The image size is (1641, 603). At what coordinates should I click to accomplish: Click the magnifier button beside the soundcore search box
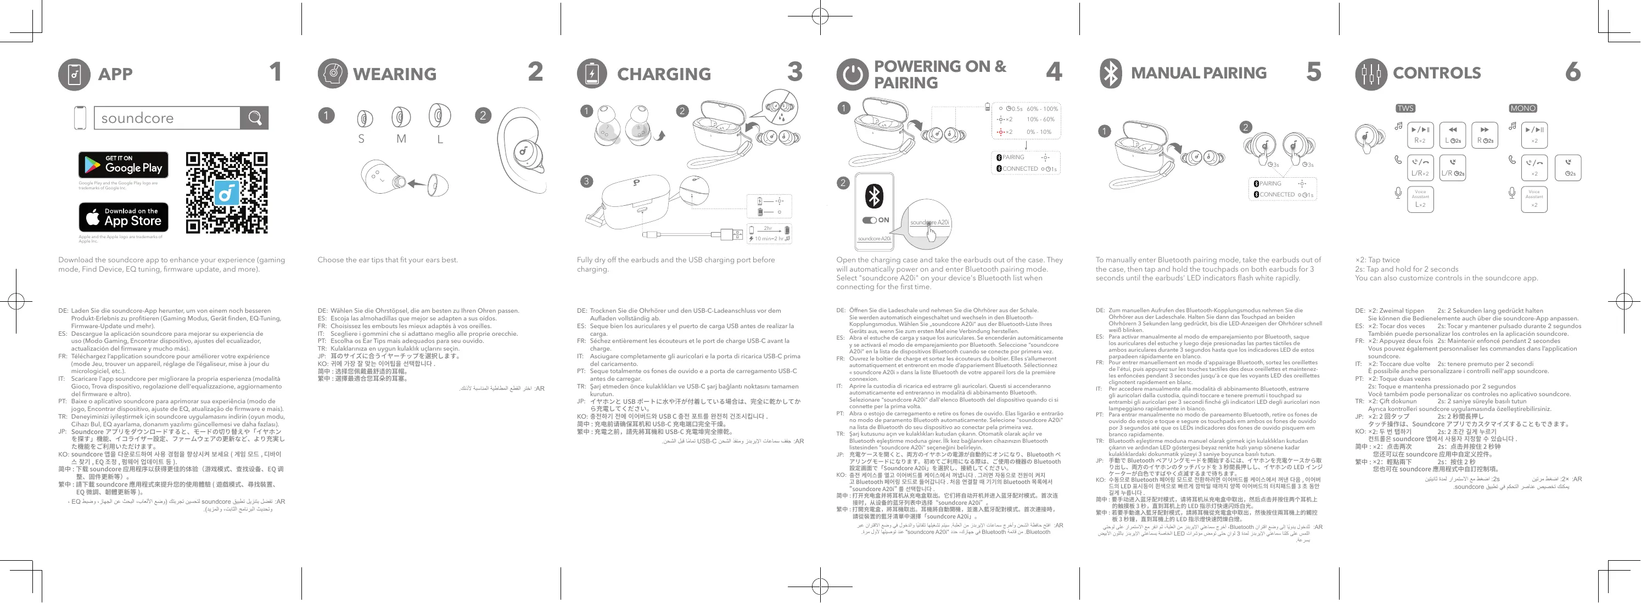pos(254,118)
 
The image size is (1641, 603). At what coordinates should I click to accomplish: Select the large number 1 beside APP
pos(275,72)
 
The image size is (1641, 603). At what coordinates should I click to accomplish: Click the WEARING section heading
pos(394,74)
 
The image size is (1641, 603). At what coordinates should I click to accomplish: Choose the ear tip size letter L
pos(440,139)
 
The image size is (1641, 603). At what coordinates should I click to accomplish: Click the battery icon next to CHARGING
pos(592,74)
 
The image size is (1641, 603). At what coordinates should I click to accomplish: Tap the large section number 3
pos(794,72)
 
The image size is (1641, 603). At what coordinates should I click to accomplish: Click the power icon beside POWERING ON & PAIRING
pos(851,75)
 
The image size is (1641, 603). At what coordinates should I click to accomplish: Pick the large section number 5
pos(1314,72)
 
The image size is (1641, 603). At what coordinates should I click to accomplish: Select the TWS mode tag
pos(1405,108)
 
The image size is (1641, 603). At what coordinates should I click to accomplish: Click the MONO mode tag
pos(1522,108)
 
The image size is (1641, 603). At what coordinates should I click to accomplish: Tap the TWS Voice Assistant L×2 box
pos(1420,199)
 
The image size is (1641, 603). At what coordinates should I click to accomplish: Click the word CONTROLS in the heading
pos(1437,74)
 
